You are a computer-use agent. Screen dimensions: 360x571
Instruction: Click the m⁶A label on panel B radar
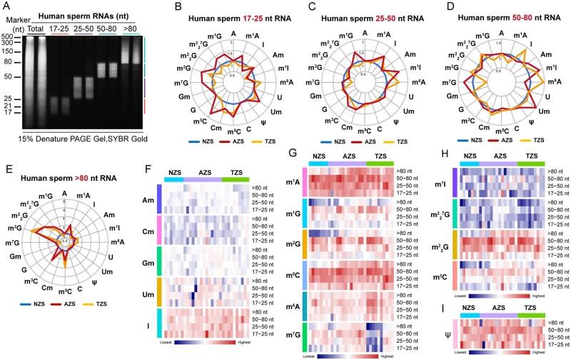272,83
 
